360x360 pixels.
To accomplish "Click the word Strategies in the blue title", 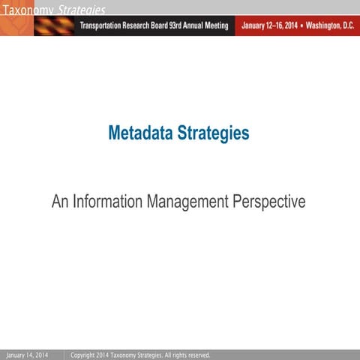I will [x=212, y=133].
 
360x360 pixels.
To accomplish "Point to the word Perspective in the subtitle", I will [x=270, y=202].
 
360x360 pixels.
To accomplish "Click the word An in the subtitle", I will [x=60, y=202].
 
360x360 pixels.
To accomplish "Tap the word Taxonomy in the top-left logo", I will [x=28, y=10].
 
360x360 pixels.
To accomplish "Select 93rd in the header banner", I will [x=172, y=25].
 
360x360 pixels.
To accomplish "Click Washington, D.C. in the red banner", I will [x=328, y=25].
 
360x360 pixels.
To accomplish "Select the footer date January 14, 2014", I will [x=27, y=355].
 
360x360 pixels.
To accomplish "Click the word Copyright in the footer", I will [x=82, y=355].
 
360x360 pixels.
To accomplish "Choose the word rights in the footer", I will [x=174, y=355].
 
